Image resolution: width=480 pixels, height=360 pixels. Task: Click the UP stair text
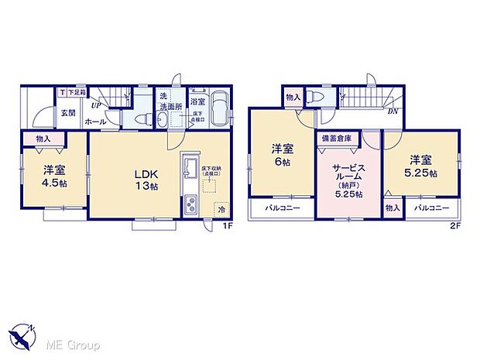[x=95, y=105]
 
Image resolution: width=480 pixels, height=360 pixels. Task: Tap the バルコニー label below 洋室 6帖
[x=282, y=208]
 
